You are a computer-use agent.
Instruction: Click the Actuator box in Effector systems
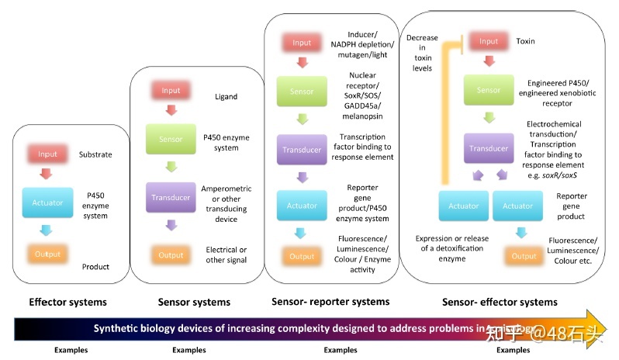pos(48,202)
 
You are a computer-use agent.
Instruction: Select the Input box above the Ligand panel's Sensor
pos(171,91)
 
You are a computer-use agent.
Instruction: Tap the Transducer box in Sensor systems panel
pos(171,196)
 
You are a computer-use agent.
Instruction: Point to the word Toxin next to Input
pos(526,41)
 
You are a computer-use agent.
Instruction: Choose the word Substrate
pos(95,154)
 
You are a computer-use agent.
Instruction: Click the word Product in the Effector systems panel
pos(95,267)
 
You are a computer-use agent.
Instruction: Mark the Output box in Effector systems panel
pos(48,254)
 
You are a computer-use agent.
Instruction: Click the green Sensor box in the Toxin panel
pos(489,90)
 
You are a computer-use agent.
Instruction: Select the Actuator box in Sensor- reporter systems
pos(302,206)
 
